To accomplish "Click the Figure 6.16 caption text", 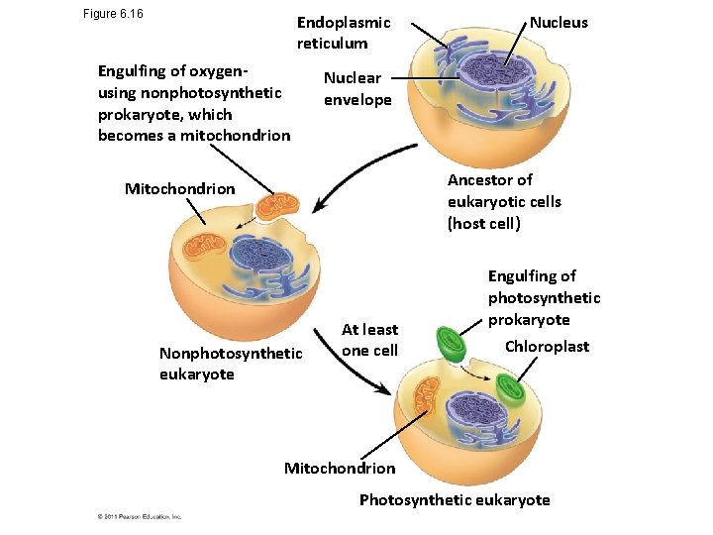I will click(x=114, y=14).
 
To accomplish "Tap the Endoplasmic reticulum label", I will click(x=344, y=33).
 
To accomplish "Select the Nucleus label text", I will click(x=559, y=22).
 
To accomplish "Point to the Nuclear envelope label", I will click(x=357, y=88).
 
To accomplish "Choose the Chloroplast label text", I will click(x=547, y=346).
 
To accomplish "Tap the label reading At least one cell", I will click(x=369, y=340).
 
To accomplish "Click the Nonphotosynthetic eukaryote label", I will click(x=231, y=363).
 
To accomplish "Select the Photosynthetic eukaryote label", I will click(x=454, y=499).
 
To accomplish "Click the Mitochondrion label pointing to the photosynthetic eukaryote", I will click(x=339, y=468).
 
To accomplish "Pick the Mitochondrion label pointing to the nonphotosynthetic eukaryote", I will click(x=180, y=188).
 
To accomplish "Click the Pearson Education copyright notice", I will click(x=139, y=516).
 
